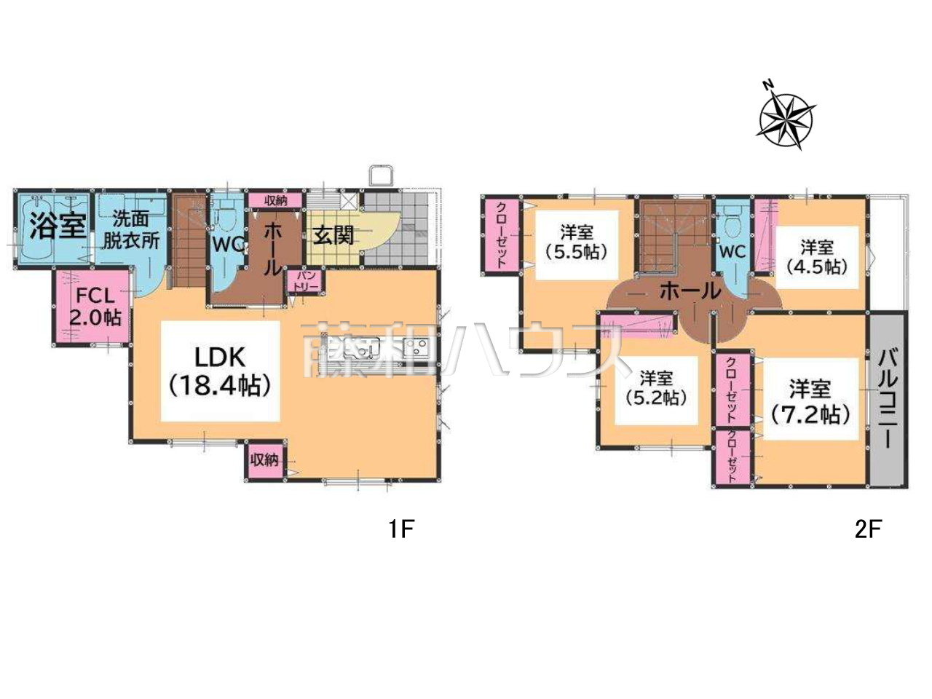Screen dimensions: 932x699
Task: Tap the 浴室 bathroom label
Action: click(x=58, y=226)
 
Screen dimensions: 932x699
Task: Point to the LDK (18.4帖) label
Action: click(x=220, y=371)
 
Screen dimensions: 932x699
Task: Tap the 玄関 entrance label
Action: click(x=333, y=234)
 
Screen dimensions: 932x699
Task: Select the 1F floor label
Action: click(x=400, y=529)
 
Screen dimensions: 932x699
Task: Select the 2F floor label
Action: click(x=866, y=529)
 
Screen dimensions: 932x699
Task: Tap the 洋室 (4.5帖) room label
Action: click(x=817, y=257)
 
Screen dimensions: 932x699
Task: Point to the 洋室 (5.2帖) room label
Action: click(x=656, y=388)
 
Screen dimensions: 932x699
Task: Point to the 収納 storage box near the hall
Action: click(x=275, y=201)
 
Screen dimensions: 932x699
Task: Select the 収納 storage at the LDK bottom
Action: click(x=264, y=460)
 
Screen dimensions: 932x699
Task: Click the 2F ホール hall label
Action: click(x=691, y=291)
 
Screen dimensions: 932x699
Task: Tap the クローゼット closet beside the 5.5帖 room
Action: click(x=502, y=234)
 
